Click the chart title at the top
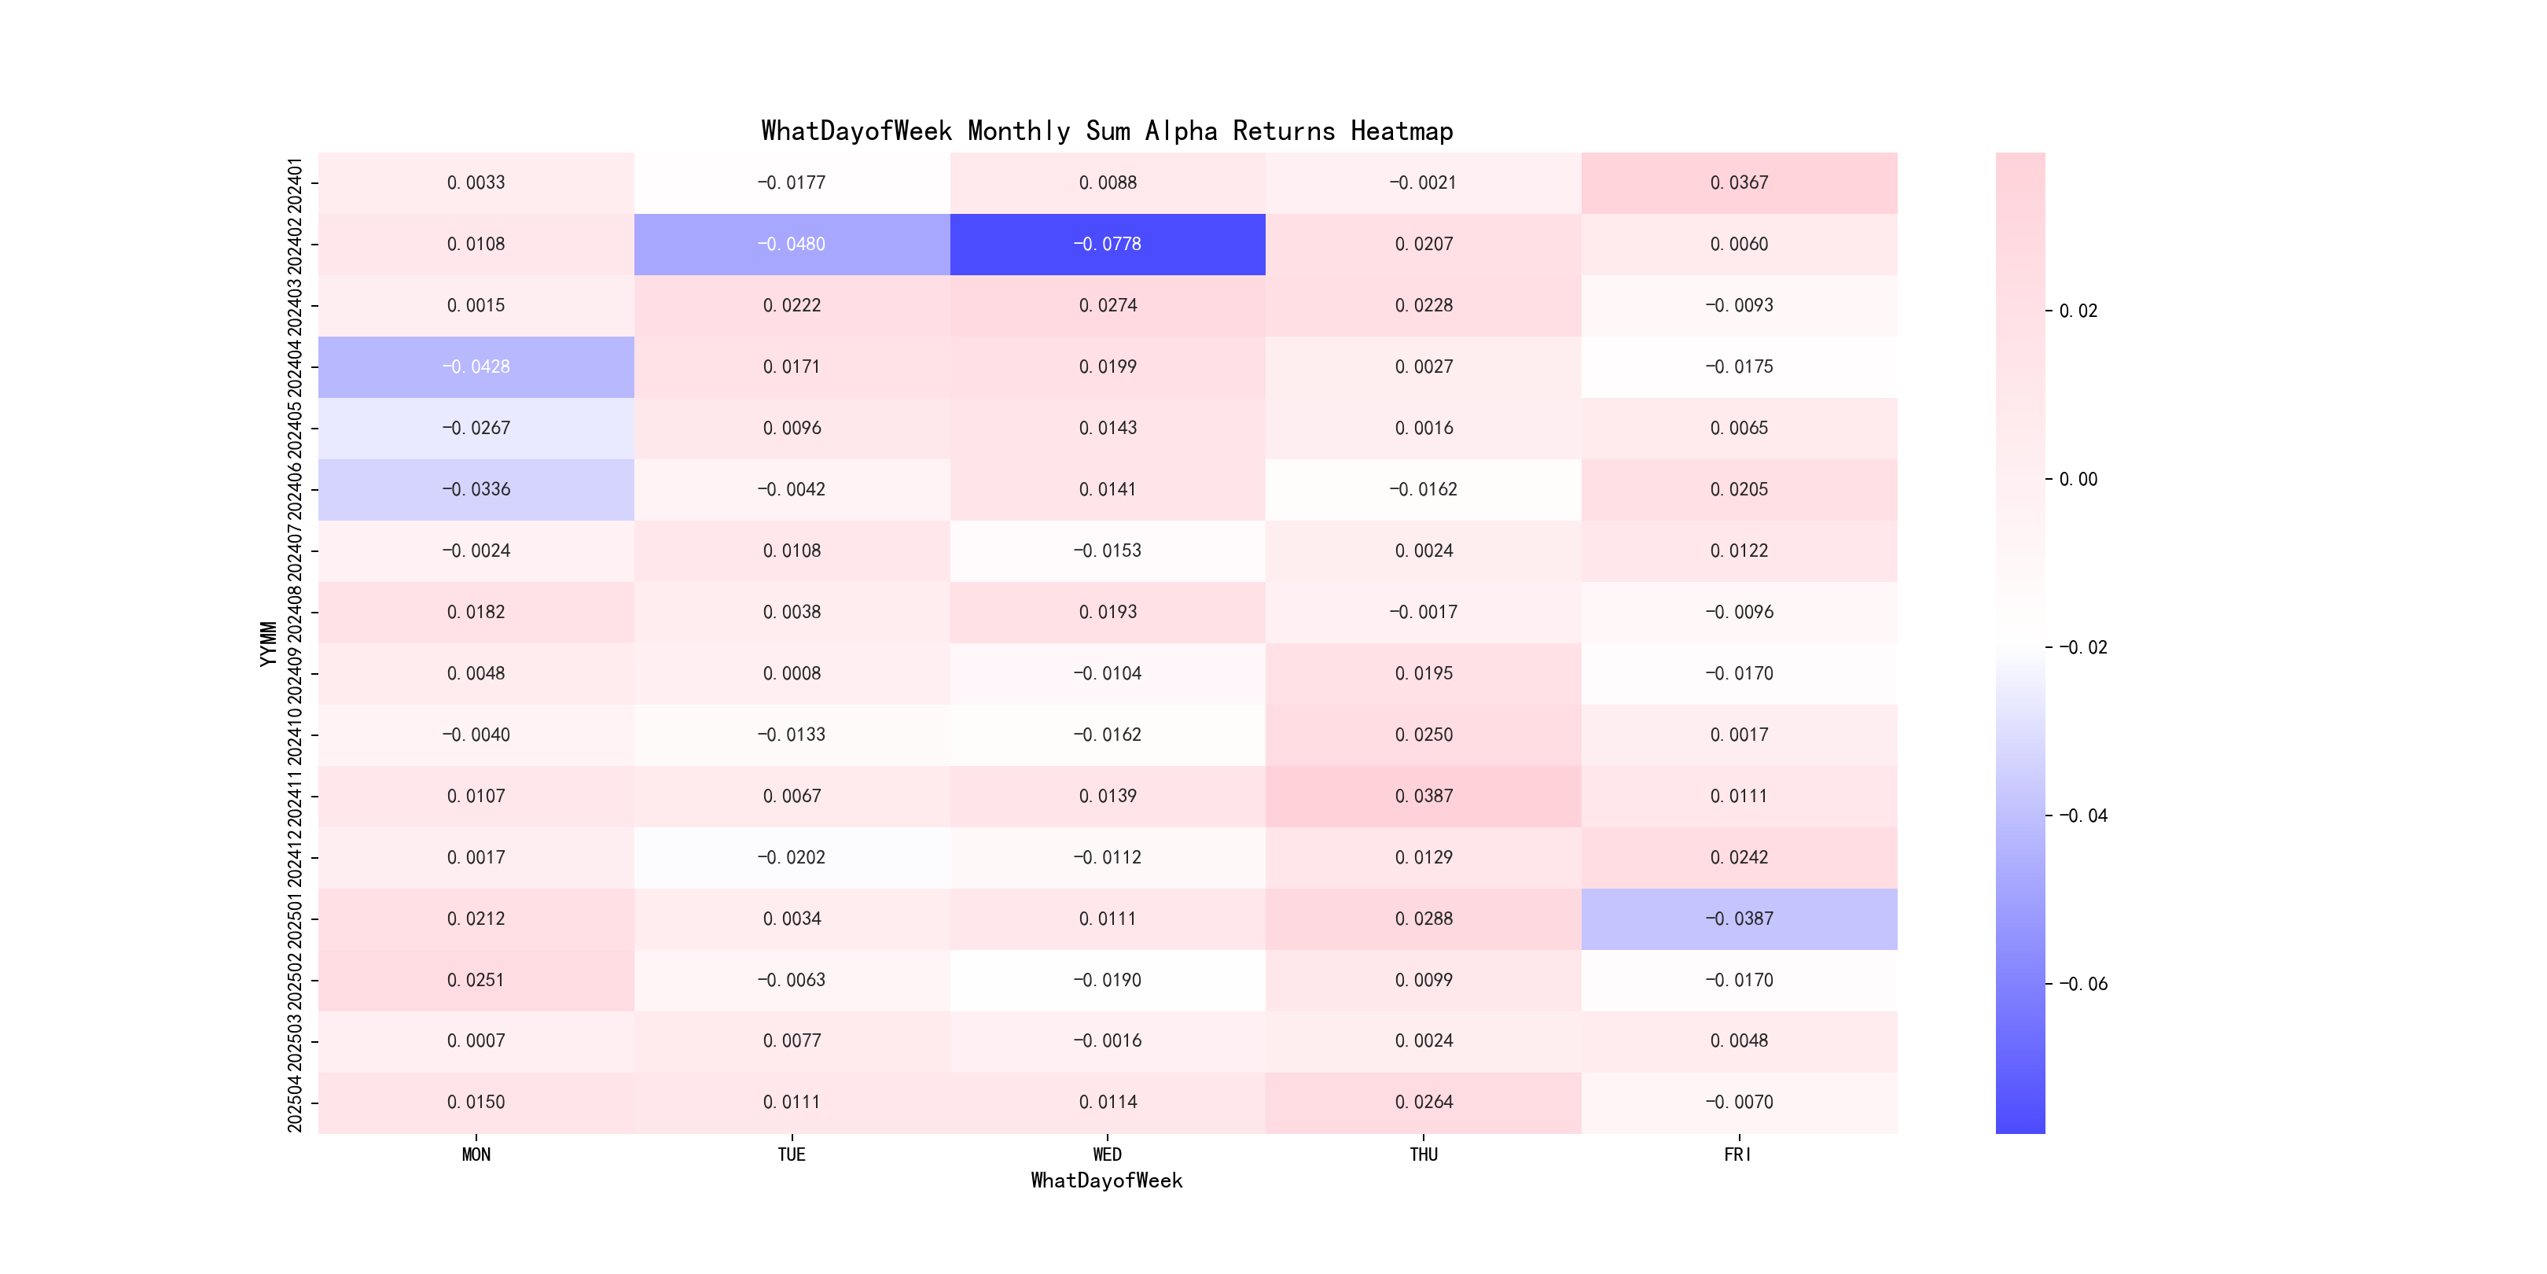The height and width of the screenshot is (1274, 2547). pos(1106,131)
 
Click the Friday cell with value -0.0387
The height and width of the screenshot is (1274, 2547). pos(1739,919)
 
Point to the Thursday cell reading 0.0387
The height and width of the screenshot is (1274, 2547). pos(1424,796)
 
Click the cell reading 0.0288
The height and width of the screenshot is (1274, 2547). pos(1424,919)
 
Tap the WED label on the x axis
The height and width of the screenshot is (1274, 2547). pos(1108,1154)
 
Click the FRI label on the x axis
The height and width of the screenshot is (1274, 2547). pos(1738,1154)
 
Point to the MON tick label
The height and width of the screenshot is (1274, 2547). pos(476,1154)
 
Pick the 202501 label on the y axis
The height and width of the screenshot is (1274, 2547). pos(295,919)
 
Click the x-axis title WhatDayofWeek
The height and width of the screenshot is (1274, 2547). pos(1106,1180)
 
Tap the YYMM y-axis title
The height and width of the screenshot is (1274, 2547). pos(268,644)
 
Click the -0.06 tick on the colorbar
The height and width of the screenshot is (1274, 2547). pos(2082,984)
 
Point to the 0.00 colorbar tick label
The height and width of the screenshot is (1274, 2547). pos(2078,480)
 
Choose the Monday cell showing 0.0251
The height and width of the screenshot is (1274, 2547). pos(476,980)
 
